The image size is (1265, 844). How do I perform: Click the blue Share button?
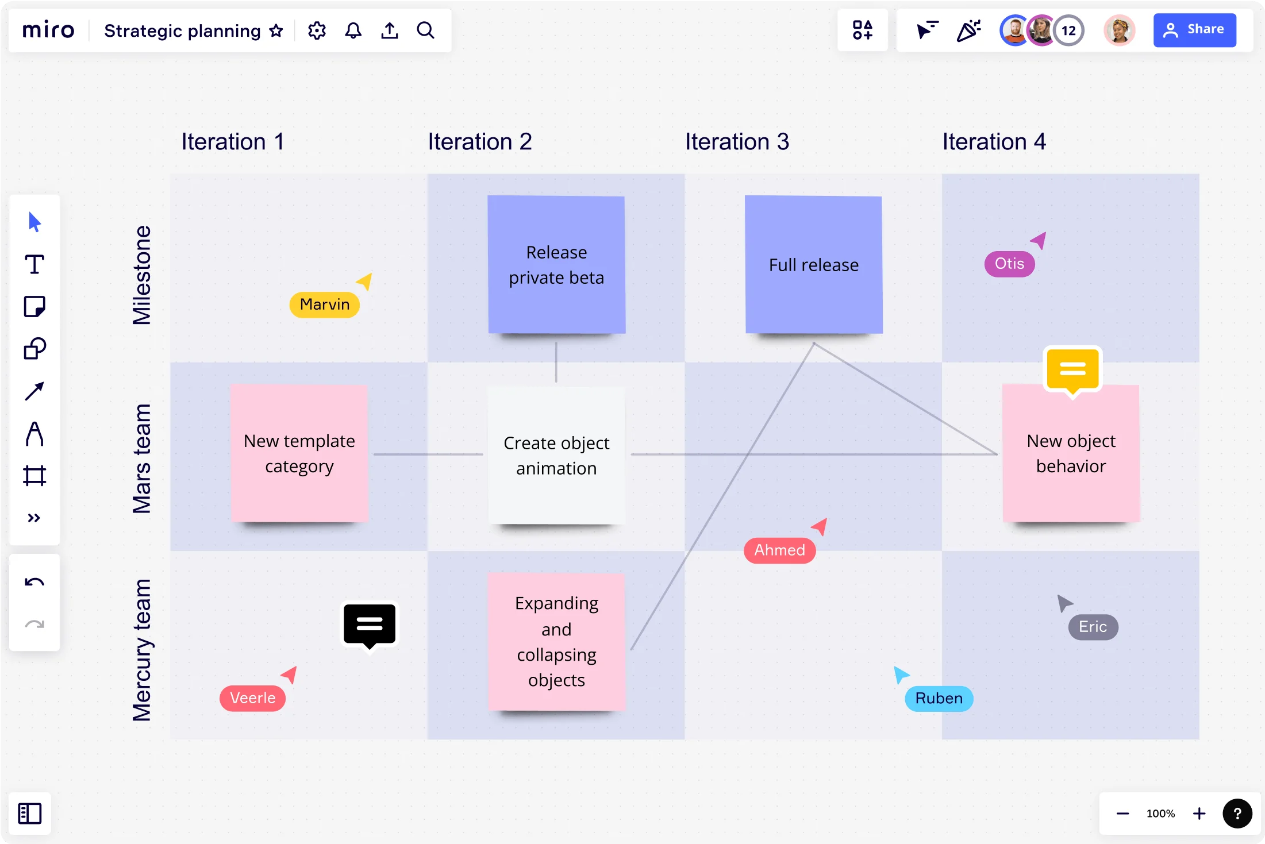[1194, 30]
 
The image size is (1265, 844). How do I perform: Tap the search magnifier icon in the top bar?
[425, 30]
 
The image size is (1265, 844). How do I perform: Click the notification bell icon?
[353, 30]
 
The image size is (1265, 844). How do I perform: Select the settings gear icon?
[317, 30]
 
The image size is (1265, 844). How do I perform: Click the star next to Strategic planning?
[276, 30]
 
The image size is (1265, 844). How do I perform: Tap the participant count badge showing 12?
[1068, 30]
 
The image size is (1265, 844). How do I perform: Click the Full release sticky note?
[813, 264]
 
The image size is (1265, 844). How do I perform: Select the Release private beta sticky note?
[556, 264]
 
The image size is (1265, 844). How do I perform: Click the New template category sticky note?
[299, 453]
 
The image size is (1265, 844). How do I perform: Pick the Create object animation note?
[556, 455]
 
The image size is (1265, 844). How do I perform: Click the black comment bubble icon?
[370, 626]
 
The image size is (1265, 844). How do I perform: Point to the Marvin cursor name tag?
[325, 304]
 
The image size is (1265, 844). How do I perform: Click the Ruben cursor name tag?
[939, 698]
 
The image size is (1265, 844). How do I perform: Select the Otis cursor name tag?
[1009, 264]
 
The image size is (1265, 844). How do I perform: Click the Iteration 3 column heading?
[737, 142]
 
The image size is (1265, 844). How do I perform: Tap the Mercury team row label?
[141, 650]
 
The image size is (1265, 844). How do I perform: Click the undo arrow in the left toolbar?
[34, 582]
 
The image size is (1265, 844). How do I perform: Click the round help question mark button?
[1237, 813]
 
